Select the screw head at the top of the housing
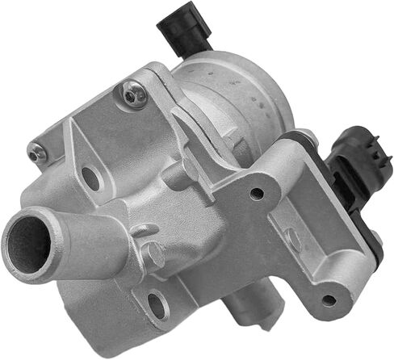pos(133,97)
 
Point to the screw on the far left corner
pos(36,152)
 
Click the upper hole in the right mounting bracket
pos(257,194)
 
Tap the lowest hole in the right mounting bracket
pos(327,300)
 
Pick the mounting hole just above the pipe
pos(91,178)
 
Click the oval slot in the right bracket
pos(293,239)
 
